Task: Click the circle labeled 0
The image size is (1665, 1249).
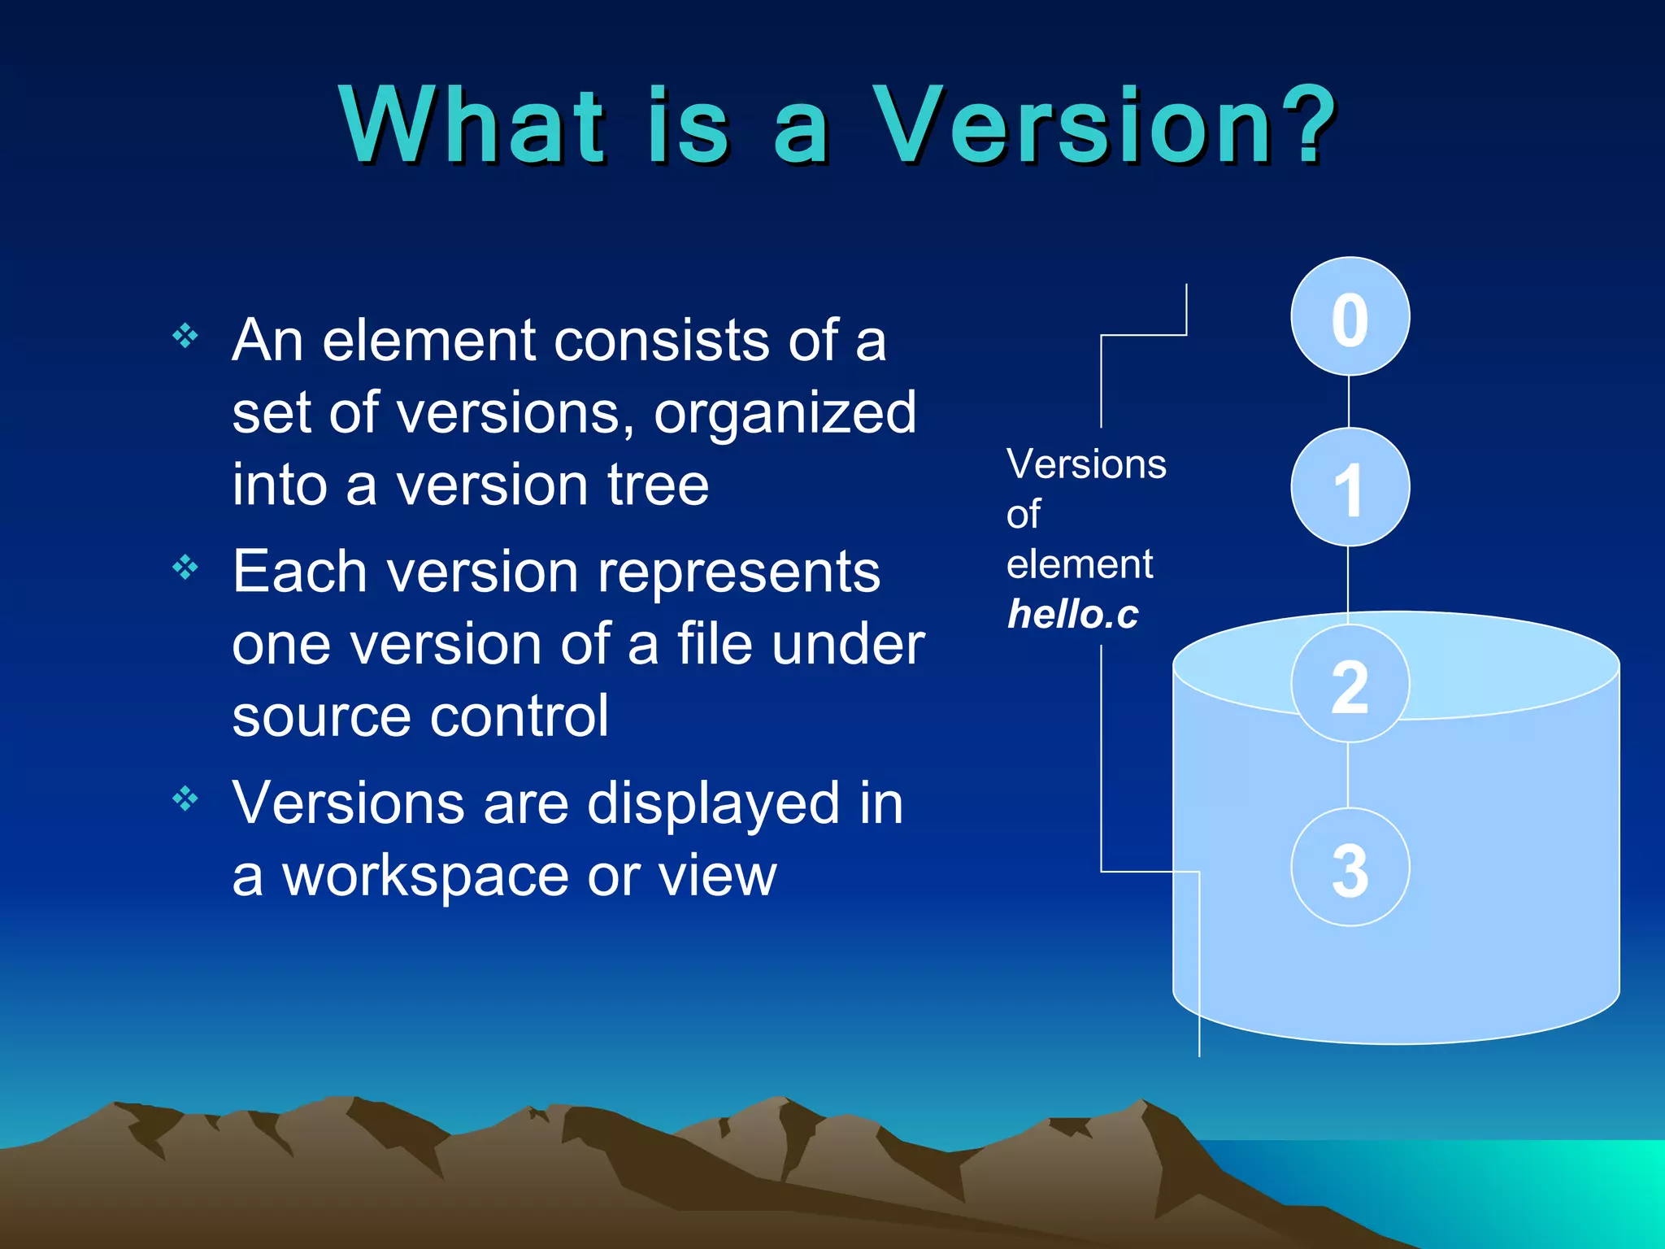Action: (x=1350, y=316)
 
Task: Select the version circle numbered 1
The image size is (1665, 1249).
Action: (x=1350, y=487)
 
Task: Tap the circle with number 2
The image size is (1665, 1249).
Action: (x=1350, y=684)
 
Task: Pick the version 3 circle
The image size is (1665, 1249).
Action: (x=1350, y=867)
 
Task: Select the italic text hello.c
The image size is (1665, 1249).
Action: (x=1072, y=614)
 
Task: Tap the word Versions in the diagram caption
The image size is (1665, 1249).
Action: (x=1086, y=464)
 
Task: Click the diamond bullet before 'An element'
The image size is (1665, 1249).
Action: (x=185, y=335)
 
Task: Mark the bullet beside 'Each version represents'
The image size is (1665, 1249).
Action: (x=185, y=567)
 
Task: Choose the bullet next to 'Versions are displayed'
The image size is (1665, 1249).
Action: (x=185, y=799)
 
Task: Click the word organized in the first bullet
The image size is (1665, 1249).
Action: (x=785, y=413)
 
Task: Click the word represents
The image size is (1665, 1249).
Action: (x=739, y=572)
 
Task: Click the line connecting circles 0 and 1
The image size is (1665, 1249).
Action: (x=1349, y=402)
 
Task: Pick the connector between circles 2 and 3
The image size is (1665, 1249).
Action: (x=1348, y=775)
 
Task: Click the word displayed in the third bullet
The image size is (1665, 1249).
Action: (x=713, y=803)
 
